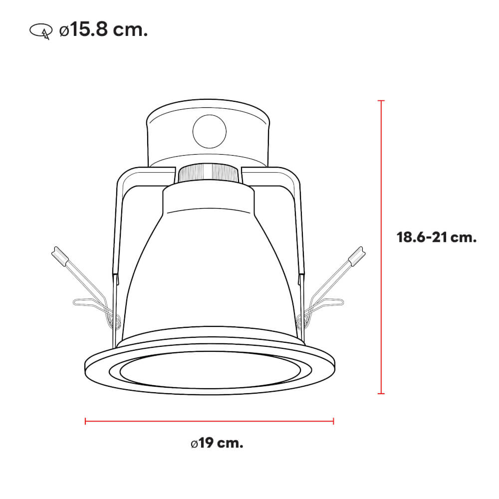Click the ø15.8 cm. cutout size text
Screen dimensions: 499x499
click(x=103, y=30)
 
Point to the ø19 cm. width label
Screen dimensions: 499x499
click(x=217, y=443)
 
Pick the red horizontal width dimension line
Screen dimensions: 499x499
click(x=210, y=421)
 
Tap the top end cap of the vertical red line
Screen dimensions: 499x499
click(x=382, y=101)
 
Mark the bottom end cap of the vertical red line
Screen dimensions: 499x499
click(x=382, y=393)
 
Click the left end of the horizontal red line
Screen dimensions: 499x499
click(x=86, y=421)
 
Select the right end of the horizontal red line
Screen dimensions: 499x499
click(x=333, y=421)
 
